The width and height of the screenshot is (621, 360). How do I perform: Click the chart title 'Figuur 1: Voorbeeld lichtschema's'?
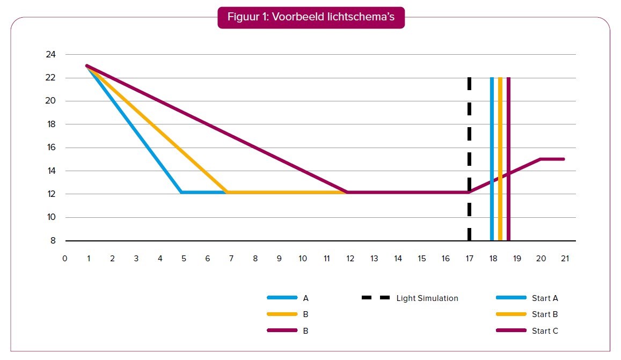(311, 17)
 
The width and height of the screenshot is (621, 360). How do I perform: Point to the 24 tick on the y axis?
(50, 54)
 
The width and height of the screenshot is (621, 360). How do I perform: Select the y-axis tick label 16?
(50, 148)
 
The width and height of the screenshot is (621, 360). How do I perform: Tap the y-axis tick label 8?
(53, 241)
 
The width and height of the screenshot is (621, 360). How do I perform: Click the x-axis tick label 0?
(64, 258)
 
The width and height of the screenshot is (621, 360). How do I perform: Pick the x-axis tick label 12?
(350, 258)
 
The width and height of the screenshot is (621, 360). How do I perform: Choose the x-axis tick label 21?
(564, 258)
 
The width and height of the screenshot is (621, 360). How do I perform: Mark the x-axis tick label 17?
(469, 258)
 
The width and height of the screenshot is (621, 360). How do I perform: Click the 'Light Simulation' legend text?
(427, 298)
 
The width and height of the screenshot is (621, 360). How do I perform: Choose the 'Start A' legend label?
(545, 298)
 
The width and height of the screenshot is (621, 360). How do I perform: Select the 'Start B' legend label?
(545, 314)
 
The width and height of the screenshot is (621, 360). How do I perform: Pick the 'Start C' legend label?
(545, 331)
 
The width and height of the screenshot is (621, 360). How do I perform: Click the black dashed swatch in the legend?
(376, 298)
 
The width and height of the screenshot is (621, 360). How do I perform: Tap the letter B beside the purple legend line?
(305, 331)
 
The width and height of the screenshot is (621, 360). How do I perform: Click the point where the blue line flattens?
(182, 192)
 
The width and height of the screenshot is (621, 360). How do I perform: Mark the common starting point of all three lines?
(87, 66)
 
